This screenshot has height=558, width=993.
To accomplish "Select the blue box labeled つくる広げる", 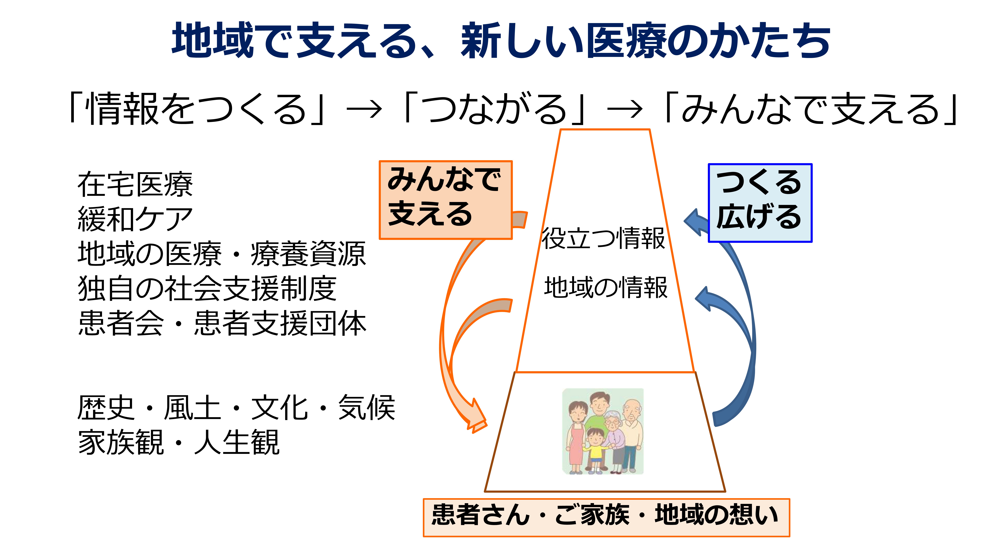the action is tap(760, 203).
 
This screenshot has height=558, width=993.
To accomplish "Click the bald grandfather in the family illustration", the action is tap(631, 435).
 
